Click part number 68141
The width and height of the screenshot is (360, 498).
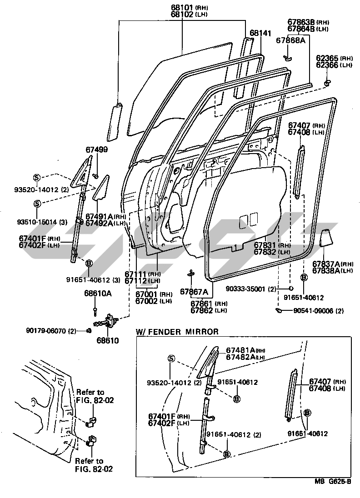click(x=260, y=33)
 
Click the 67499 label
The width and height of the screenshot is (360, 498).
click(x=96, y=149)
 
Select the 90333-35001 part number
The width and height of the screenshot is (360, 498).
click(x=251, y=289)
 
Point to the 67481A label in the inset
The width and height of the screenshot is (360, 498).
click(x=240, y=350)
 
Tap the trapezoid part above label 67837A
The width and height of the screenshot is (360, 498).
click(x=326, y=239)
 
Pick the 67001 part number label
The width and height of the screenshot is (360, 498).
click(x=147, y=294)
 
